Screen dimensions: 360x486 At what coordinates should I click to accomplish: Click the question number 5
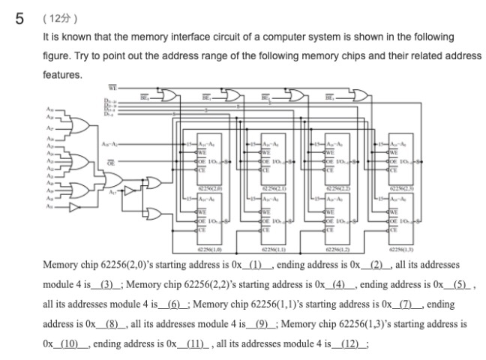pos(22,19)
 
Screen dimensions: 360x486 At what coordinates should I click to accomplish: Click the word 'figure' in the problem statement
pos(56,56)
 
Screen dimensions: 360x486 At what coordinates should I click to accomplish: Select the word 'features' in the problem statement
pos(62,76)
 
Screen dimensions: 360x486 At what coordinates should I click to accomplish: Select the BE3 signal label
pos(331,97)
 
